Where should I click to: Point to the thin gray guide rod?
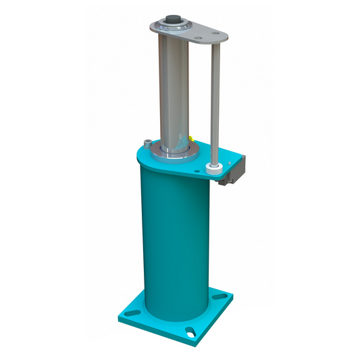pyautogui.click(x=214, y=101)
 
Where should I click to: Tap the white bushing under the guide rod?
pyautogui.click(x=215, y=168)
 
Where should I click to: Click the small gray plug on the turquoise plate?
pyautogui.click(x=147, y=144)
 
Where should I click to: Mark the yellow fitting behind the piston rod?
pyautogui.click(x=192, y=140)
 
